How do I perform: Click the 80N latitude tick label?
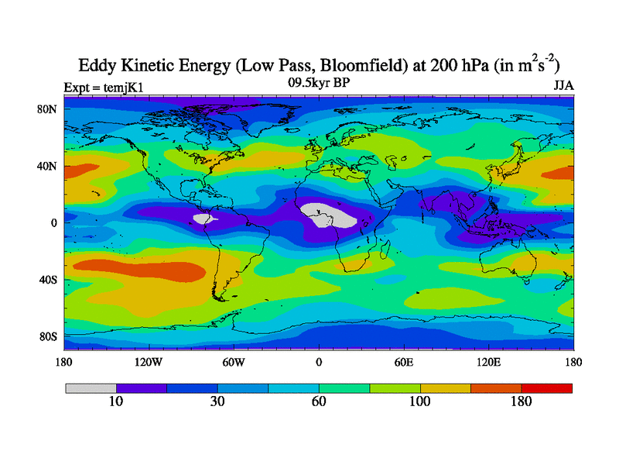(49, 109)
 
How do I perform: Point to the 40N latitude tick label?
(49, 166)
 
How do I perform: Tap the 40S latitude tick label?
(49, 279)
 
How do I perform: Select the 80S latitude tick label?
(49, 336)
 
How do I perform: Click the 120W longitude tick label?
(148, 362)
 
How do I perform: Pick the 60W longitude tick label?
(233, 362)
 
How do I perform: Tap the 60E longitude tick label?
(403, 362)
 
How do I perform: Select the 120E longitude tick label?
(487, 362)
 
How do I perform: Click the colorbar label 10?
(116, 402)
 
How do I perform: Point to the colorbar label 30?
(217, 402)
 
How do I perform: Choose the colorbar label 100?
(420, 402)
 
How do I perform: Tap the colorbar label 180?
(522, 402)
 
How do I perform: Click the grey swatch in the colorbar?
(91, 387)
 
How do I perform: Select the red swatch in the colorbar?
(547, 387)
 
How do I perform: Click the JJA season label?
(563, 85)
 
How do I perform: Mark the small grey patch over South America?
(203, 219)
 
